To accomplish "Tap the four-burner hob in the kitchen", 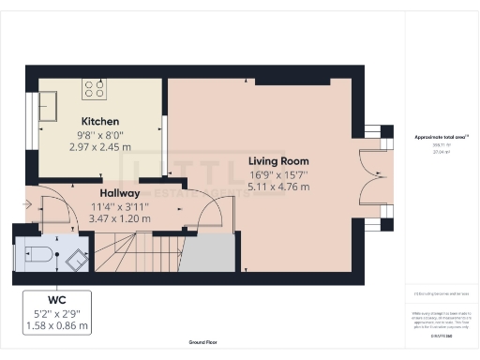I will (95, 89).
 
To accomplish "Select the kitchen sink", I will (49, 98).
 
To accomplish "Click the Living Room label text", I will (277, 161).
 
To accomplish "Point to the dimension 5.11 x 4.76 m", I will (277, 187).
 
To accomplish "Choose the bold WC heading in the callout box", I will (58, 301).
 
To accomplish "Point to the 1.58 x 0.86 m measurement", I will (58, 326).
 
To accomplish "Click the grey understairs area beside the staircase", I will (210, 254).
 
